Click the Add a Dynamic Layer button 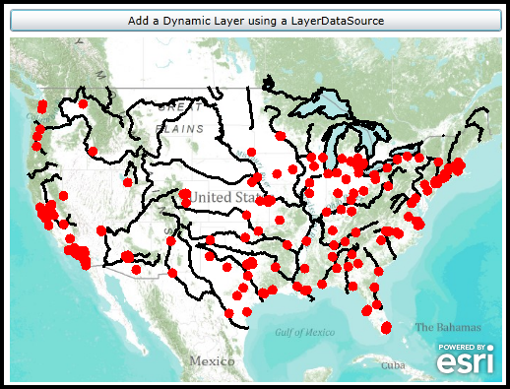tap(255, 21)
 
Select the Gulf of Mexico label tap(305, 333)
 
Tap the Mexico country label tap(212, 360)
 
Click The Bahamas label tap(447, 327)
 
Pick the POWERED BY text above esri tap(466, 348)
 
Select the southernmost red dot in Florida tap(387, 326)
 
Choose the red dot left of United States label tap(184, 195)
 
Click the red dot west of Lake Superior tap(281, 136)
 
